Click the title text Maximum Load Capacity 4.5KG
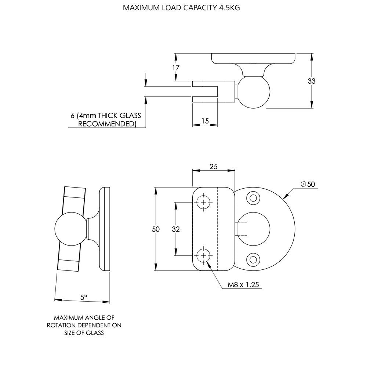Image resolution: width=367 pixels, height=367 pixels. coord(181,8)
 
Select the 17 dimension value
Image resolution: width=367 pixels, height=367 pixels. coord(177,68)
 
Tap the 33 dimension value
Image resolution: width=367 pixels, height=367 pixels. coord(312,81)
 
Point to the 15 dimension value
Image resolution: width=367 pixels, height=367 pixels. coord(205,120)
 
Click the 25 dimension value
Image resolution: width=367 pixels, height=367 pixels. coord(214,166)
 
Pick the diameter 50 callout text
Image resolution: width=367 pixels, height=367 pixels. coord(308,184)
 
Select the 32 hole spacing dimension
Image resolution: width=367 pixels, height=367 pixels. coord(176,229)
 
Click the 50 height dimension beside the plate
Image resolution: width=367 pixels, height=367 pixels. coord(156,229)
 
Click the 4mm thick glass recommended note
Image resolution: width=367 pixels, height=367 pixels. coord(106,120)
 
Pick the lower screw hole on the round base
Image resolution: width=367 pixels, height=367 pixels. coord(253,259)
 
